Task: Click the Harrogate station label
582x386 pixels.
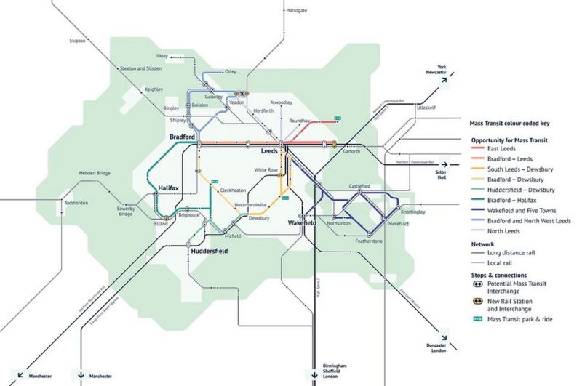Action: (x=298, y=11)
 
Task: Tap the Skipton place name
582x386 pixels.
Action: (x=78, y=41)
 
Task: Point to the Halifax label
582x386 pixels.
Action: (x=169, y=188)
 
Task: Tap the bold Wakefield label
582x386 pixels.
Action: (x=302, y=222)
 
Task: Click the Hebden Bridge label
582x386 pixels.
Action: (x=94, y=174)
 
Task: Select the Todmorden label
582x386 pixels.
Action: (x=78, y=203)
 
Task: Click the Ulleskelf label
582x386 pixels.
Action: (x=426, y=107)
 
